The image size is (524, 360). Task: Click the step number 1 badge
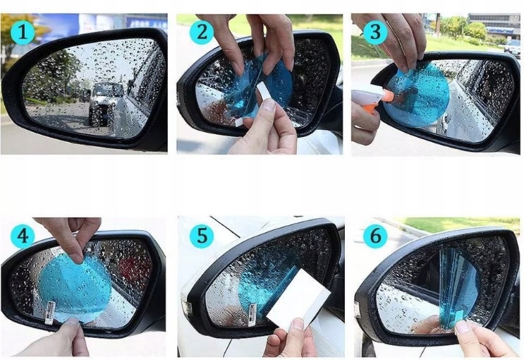23,32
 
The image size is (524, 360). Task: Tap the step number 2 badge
202,32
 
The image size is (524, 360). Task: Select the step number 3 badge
375,32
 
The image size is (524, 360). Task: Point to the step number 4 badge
23,236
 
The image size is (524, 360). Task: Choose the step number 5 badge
202,236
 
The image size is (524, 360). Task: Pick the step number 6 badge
375,236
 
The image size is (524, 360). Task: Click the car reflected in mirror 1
106,102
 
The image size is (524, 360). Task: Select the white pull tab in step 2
265,90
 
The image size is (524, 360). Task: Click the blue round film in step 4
75,288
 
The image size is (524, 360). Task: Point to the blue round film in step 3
416,95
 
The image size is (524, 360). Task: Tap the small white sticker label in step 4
50,313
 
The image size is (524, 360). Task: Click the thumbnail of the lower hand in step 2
269,104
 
